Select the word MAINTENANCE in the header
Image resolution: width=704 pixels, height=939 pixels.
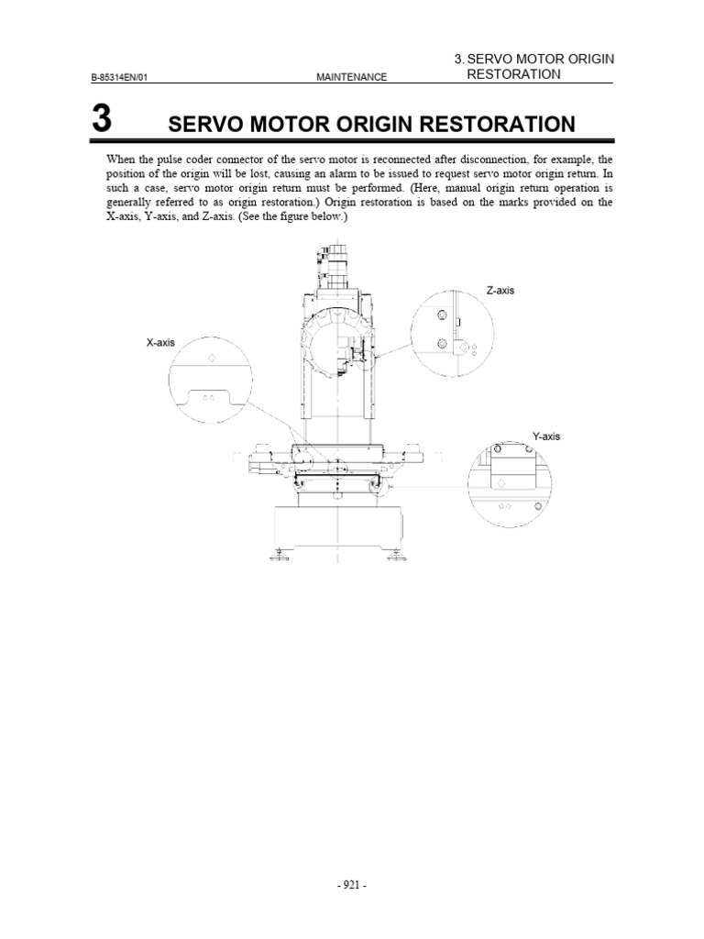pyautogui.click(x=351, y=77)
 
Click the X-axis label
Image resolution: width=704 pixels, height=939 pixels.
pyautogui.click(x=159, y=342)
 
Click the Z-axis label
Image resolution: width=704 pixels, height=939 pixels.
pyautogui.click(x=500, y=291)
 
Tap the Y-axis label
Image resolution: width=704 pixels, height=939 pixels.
pyautogui.click(x=545, y=436)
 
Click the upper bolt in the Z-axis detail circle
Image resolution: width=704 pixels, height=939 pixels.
pyautogui.click(x=442, y=315)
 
